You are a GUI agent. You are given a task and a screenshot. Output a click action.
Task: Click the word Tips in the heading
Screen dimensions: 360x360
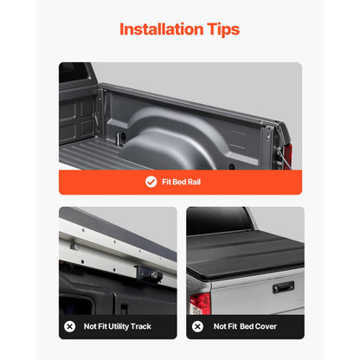pyautogui.click(x=220, y=29)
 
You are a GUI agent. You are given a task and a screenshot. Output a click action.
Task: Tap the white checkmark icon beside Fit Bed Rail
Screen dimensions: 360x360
pyautogui.click(x=151, y=182)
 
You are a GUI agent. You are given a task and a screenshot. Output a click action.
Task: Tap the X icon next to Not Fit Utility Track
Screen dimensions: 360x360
pyautogui.click(x=69, y=327)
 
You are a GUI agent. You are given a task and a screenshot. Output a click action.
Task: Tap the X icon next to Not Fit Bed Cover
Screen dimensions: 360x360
pyautogui.click(x=198, y=327)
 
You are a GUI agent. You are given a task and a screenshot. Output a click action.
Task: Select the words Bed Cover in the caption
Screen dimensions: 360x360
pyautogui.click(x=267, y=327)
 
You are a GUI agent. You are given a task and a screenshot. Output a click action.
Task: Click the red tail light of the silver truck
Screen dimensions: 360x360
pyautogui.click(x=201, y=302)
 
